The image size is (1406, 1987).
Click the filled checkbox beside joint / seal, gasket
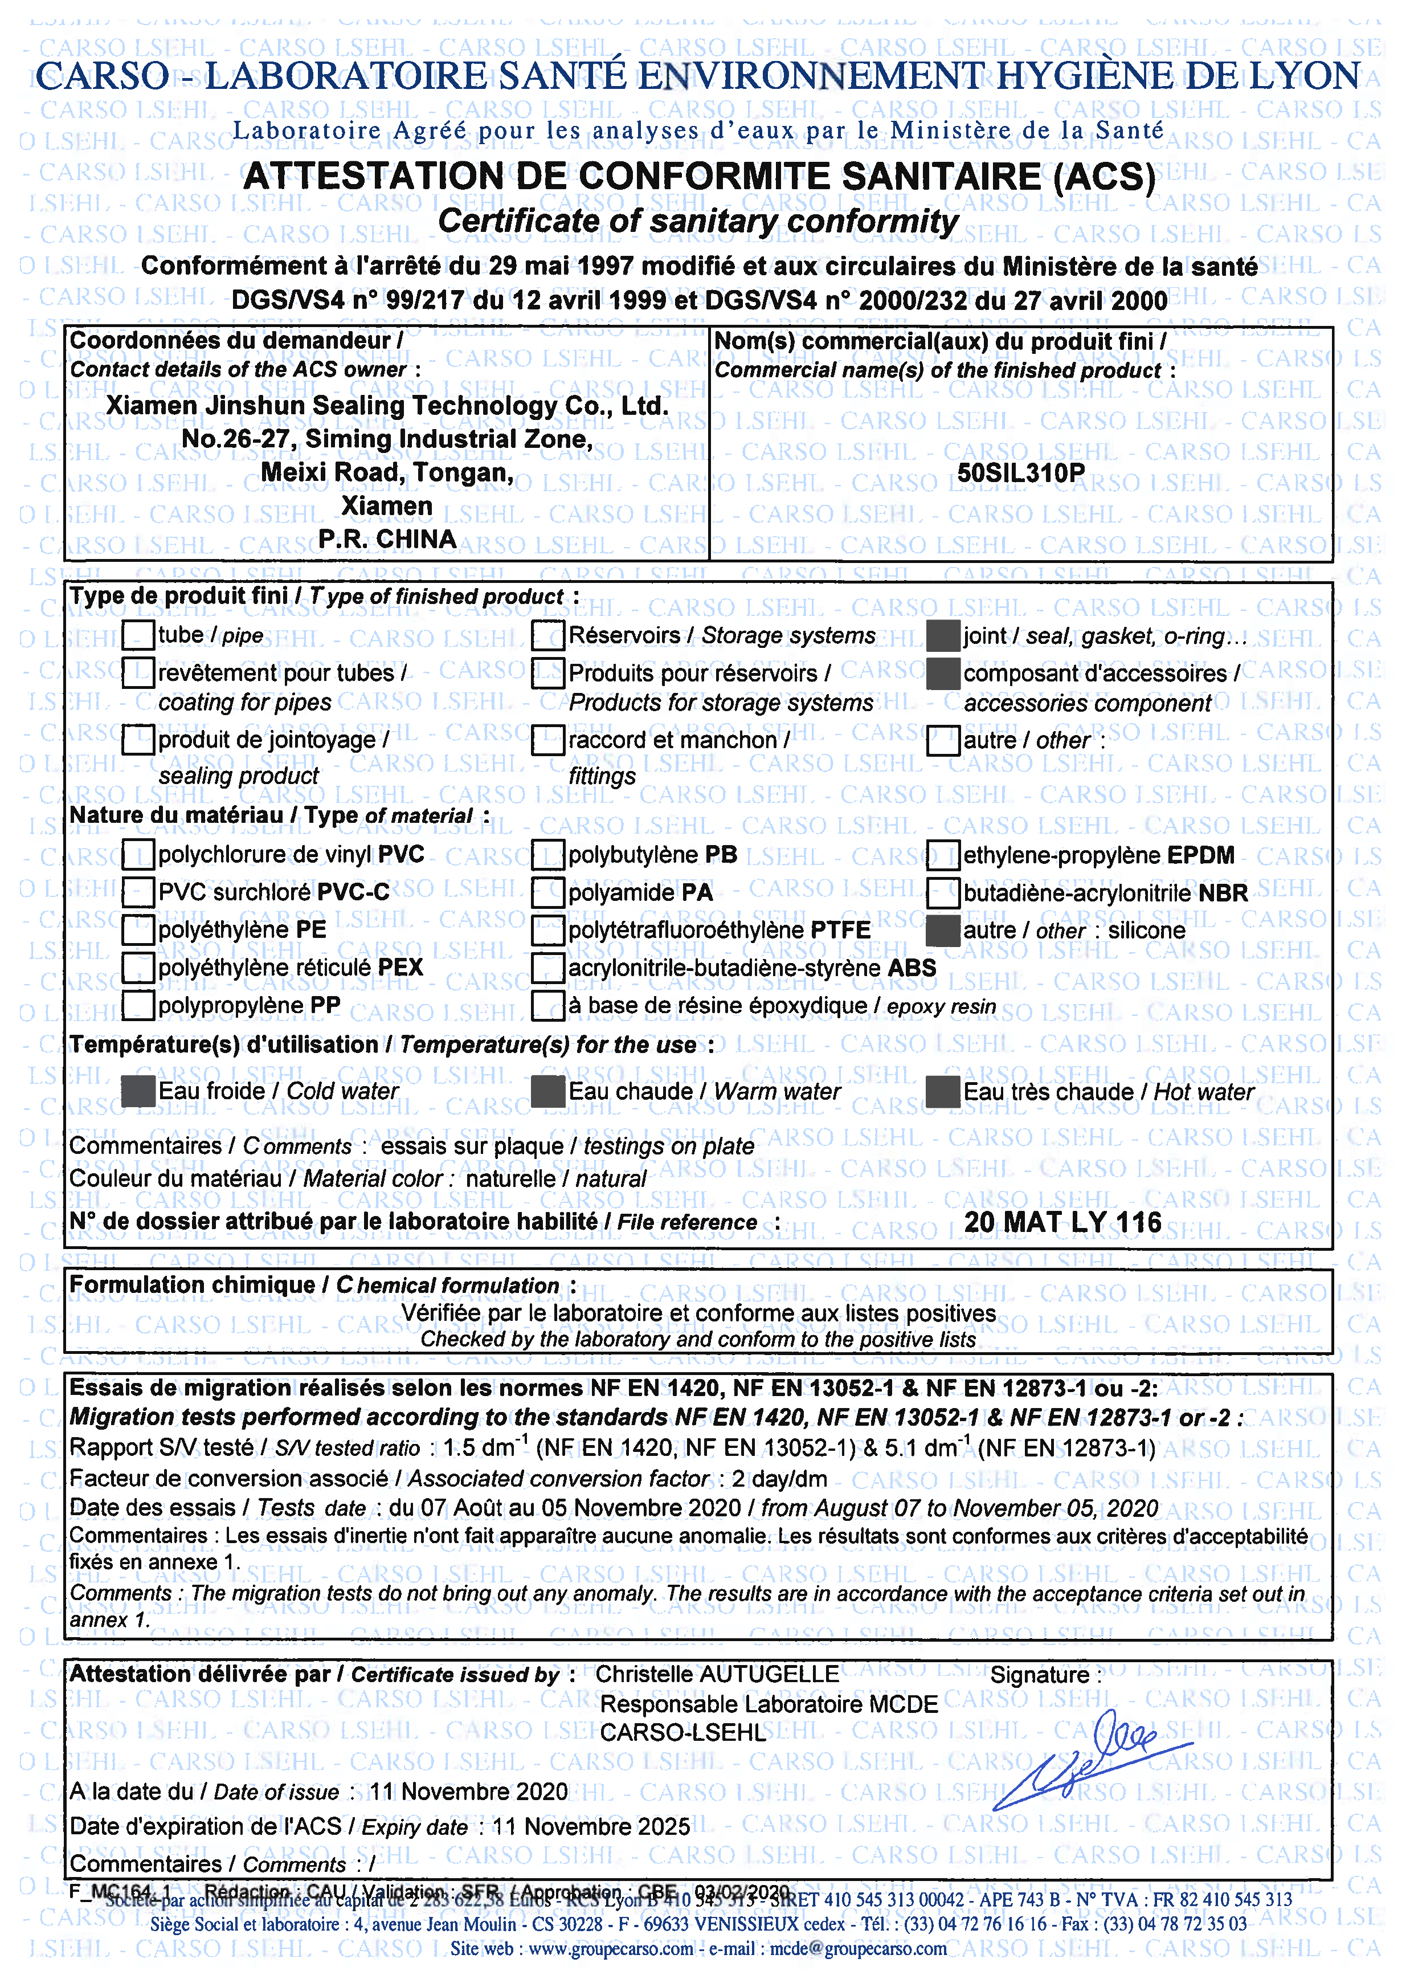943,637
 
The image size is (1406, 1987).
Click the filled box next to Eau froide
138,1091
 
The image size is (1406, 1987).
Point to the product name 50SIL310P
1021,473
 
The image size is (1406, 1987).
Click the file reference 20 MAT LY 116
1062,1222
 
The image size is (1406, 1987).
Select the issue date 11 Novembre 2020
468,1792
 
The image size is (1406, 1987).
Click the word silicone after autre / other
1146,930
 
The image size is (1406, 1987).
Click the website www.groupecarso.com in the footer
610,1948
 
